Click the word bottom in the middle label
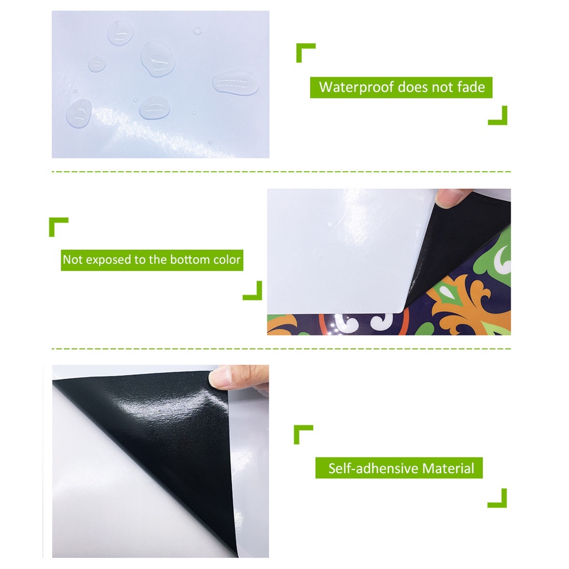pos(187,259)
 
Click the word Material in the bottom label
pos(448,468)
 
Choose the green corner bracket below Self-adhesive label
pos(498,499)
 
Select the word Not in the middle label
pos(72,259)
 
